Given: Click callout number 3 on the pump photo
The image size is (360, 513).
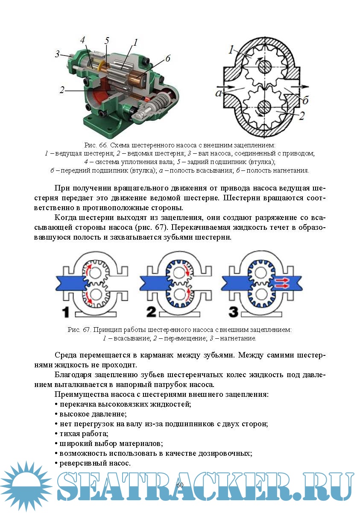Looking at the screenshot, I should (57, 54).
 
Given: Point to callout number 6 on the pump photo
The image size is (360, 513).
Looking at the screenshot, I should (168, 59).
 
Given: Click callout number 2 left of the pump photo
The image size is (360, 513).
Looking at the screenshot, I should (62, 90).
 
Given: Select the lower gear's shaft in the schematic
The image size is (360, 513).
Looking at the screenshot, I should (265, 106).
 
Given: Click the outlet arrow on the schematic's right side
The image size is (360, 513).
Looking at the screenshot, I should (299, 86).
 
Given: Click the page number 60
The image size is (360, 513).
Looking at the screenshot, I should (179, 485).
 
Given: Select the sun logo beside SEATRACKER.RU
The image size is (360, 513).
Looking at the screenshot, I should (26, 486).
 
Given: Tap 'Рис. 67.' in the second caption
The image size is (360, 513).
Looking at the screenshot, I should (79, 330).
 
